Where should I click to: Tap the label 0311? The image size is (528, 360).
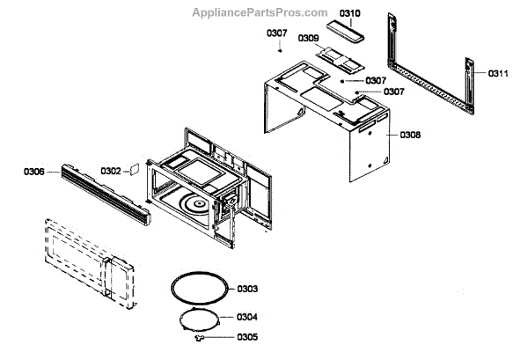pos(498,74)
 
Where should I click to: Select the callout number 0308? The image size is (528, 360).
pos(410,135)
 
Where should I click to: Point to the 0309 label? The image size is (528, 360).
pos(308,38)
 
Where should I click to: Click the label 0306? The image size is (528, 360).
pos(33,173)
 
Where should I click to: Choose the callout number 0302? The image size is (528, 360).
pos(110,171)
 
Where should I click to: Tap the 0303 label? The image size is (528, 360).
pos(247,288)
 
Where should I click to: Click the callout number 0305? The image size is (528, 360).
pos(247,336)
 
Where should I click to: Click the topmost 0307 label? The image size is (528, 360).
pos(276,33)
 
